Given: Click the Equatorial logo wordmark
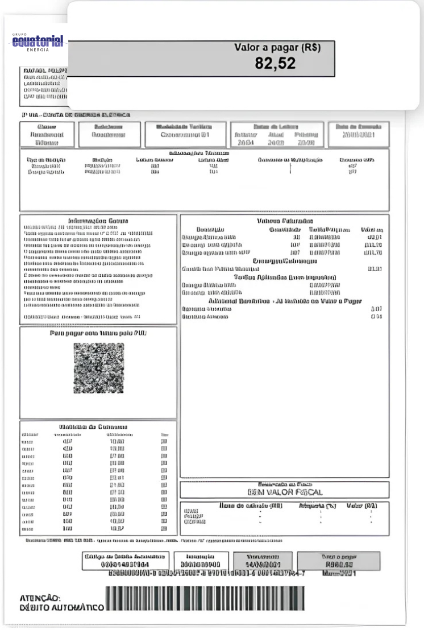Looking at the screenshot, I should (x=38, y=42).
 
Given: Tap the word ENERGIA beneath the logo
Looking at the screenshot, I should (x=38, y=50).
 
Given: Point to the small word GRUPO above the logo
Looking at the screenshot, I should (x=19, y=35).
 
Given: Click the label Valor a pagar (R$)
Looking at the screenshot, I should (x=277, y=48).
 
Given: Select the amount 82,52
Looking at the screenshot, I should (x=275, y=64).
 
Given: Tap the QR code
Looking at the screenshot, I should (x=98, y=368).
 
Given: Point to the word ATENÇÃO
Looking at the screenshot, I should (x=40, y=598).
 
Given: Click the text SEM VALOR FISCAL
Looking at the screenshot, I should (x=285, y=492).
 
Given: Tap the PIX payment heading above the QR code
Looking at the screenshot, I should (x=98, y=333).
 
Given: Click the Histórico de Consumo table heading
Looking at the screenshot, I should (x=93, y=426).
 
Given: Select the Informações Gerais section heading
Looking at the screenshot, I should (x=98, y=221).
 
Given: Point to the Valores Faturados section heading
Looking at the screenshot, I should (x=285, y=221).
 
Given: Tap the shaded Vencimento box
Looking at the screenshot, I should (x=263, y=561).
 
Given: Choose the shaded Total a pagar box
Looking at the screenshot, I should (x=339, y=561).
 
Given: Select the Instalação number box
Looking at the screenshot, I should (x=200, y=561).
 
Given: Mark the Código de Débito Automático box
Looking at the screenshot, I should (x=126, y=561).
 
